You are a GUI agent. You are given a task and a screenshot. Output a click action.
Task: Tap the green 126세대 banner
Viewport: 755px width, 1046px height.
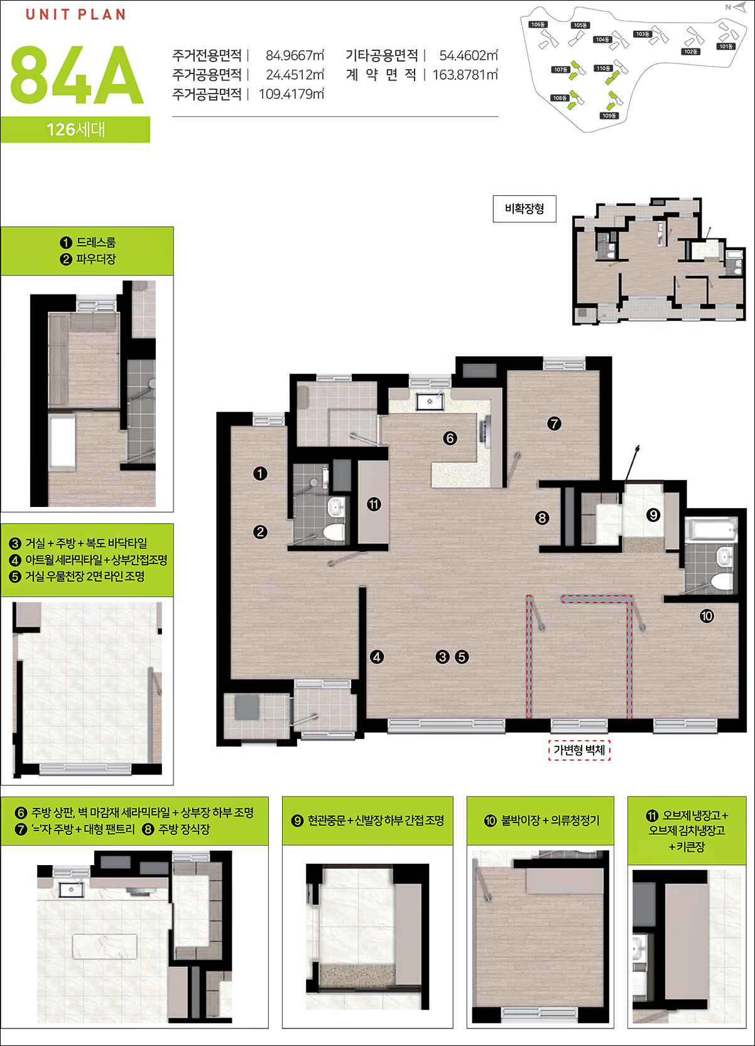75,129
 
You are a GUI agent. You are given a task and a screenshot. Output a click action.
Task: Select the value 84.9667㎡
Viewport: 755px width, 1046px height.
295,55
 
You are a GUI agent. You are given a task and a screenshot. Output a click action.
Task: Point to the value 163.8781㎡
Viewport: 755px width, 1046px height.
465,75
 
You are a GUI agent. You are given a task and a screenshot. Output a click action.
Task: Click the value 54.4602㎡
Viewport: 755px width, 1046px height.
469,55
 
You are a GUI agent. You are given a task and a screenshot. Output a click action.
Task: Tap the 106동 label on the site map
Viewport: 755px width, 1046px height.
538,25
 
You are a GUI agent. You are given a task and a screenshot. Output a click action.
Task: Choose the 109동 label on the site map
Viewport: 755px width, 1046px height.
609,116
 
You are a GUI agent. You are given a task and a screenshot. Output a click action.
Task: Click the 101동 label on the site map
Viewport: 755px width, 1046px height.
726,46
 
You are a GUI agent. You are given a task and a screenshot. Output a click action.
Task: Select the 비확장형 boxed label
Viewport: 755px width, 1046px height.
524,209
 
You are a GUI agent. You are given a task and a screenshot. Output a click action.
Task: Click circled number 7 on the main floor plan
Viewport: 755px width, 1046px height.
554,423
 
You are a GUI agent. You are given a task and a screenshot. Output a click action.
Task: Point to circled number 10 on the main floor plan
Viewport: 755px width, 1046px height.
707,616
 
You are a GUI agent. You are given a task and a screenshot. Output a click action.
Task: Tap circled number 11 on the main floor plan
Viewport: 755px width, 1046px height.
374,504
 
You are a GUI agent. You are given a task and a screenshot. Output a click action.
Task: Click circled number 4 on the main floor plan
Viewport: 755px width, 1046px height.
377,657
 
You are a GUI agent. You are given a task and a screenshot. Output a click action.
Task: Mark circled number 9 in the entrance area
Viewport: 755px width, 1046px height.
653,515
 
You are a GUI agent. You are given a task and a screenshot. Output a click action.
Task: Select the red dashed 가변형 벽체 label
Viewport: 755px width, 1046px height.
579,750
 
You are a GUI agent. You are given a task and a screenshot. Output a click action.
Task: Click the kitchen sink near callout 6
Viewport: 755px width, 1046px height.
430,401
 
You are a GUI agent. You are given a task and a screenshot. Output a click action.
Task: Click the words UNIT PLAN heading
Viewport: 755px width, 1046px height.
75,14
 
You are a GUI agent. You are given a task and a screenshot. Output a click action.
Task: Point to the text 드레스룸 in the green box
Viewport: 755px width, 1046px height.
95,242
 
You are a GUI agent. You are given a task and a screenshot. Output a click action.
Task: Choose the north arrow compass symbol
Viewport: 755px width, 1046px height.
737,7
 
